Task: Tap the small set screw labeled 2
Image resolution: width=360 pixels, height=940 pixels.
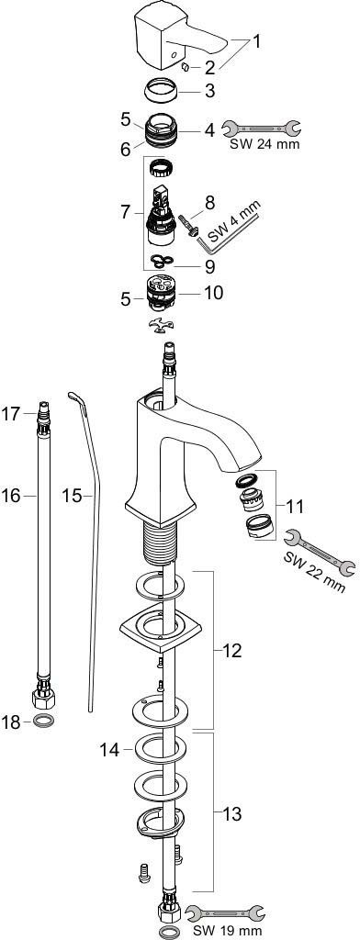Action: click(186, 66)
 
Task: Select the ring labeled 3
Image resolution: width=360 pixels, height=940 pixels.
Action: click(162, 91)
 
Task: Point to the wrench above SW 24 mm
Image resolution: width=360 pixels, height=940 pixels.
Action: click(261, 127)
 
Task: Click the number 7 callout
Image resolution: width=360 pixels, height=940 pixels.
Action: click(125, 211)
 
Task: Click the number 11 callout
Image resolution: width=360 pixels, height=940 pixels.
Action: click(294, 507)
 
